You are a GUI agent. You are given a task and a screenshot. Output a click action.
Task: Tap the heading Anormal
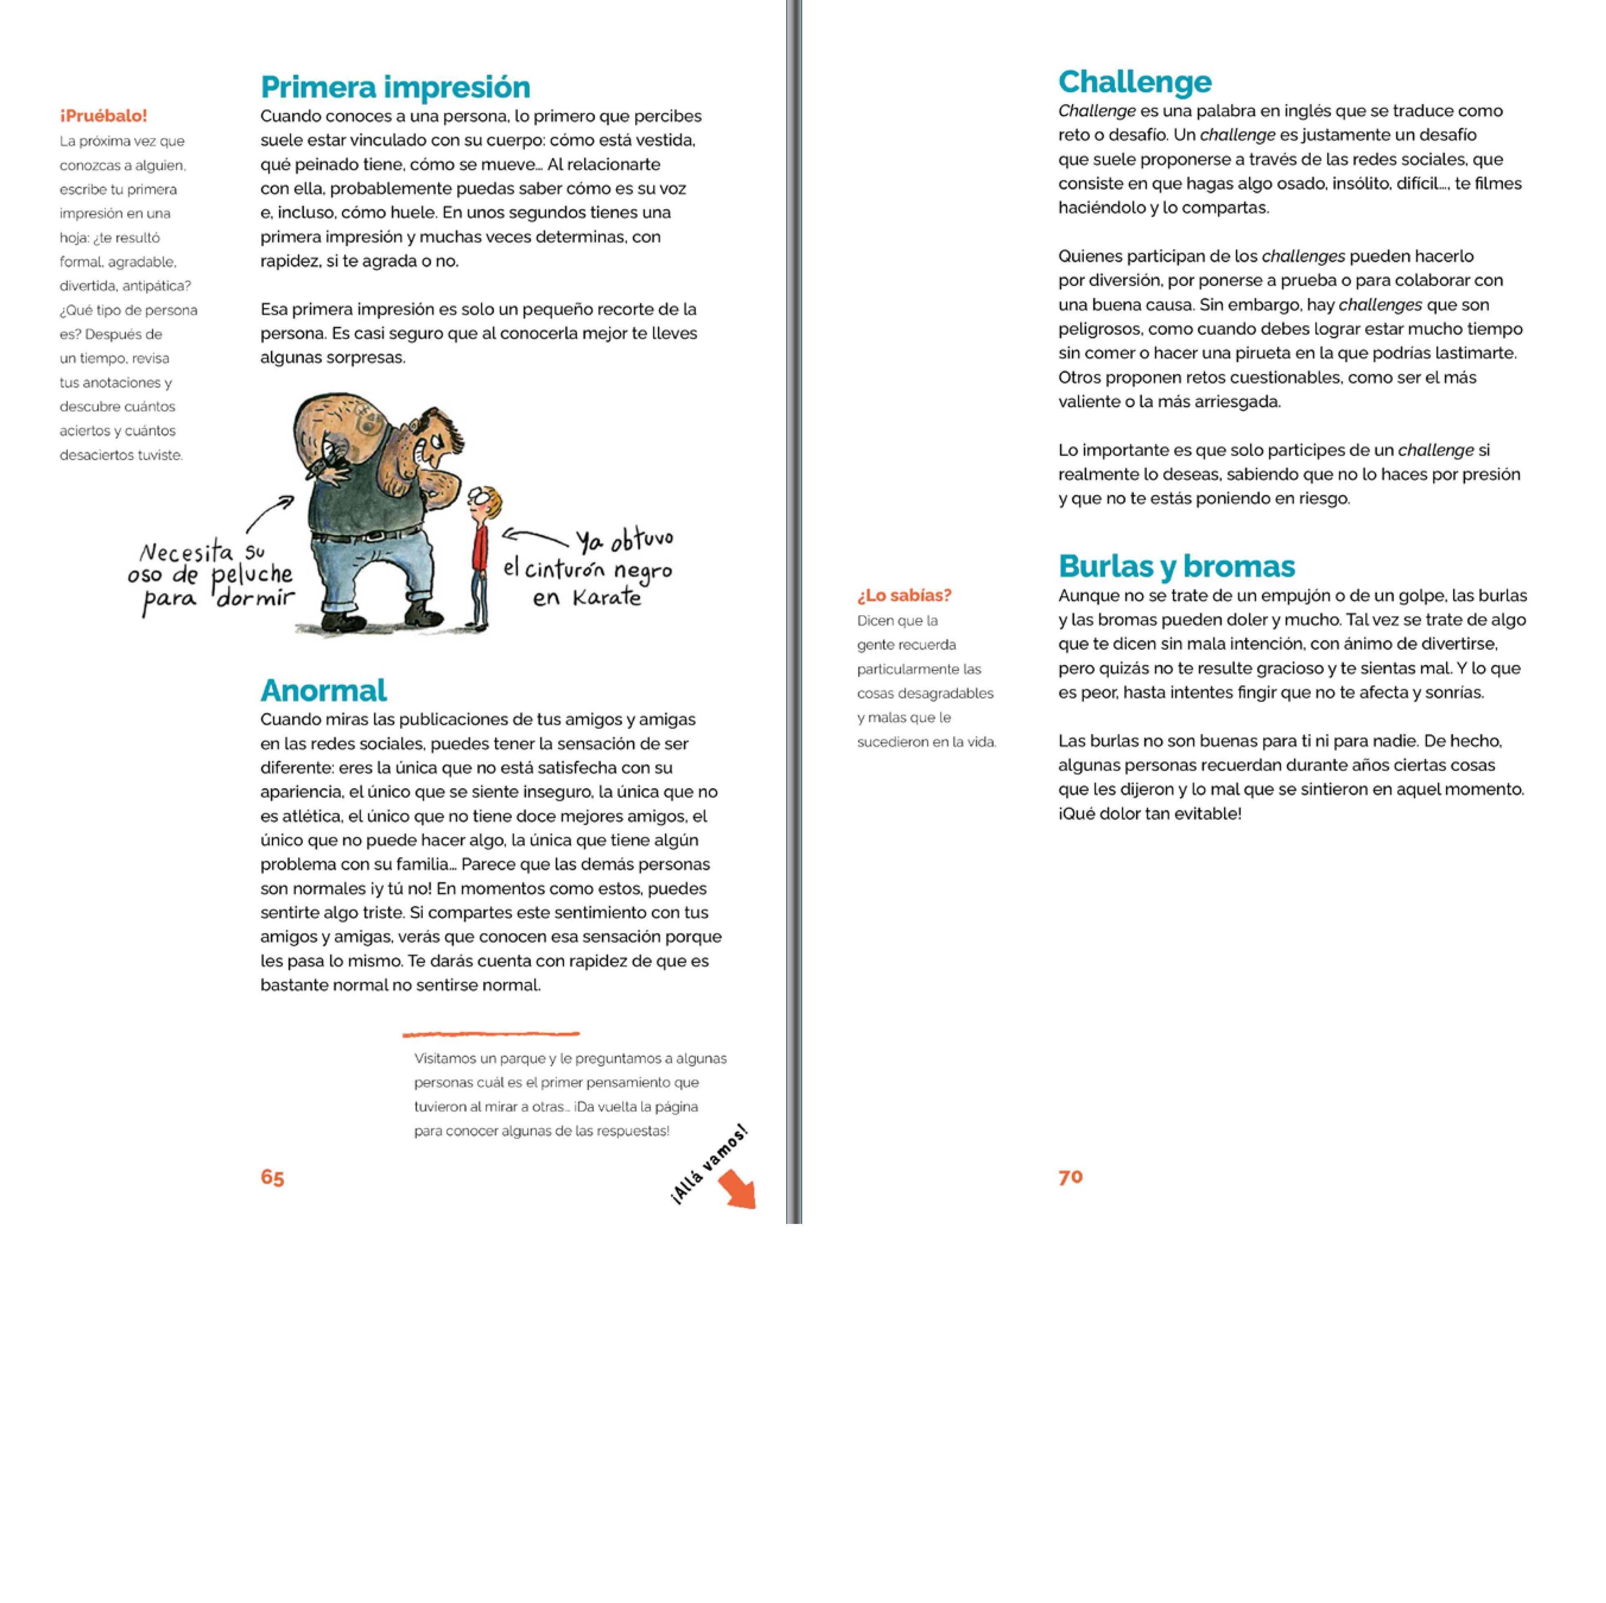pyautogui.click(x=323, y=690)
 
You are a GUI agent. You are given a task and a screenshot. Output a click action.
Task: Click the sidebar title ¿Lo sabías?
pyautogui.click(x=904, y=595)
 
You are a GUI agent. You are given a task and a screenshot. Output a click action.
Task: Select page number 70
pyautogui.click(x=1071, y=1176)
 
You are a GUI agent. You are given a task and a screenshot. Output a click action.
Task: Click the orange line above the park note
pyautogui.click(x=491, y=1033)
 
